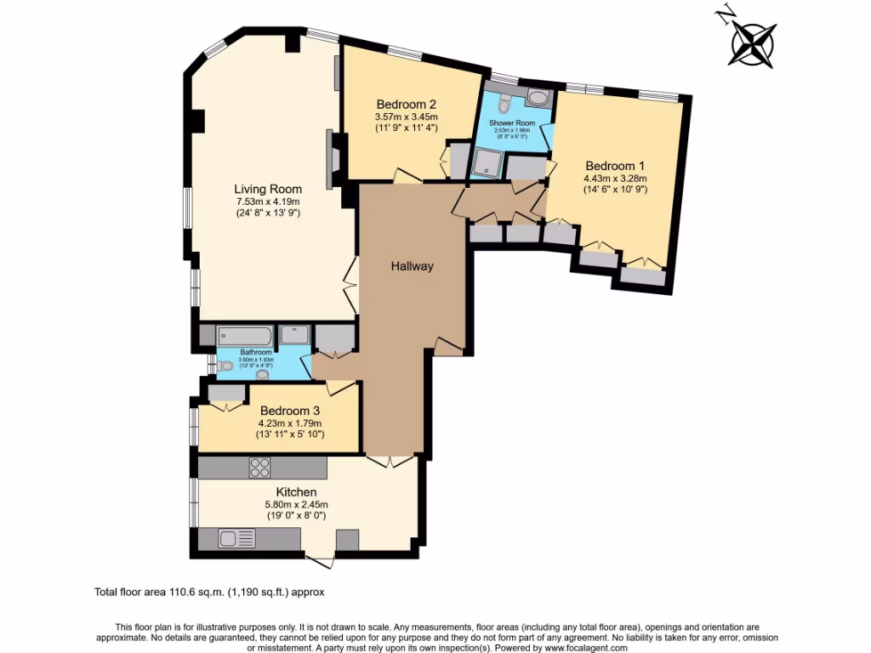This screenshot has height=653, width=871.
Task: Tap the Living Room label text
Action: (x=268, y=189)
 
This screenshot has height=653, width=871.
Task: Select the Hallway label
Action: (x=413, y=266)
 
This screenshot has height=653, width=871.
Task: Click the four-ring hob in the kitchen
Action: (x=259, y=468)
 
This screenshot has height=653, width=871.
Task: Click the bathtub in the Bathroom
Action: (x=244, y=335)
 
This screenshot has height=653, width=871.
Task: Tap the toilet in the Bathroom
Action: (x=225, y=366)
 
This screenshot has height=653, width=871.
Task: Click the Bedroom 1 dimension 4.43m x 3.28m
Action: (x=615, y=179)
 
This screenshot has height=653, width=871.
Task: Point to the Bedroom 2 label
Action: (x=406, y=105)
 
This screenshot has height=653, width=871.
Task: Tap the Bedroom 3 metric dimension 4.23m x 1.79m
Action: (x=290, y=423)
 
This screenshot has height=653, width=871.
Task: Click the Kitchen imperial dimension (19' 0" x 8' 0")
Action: (x=296, y=515)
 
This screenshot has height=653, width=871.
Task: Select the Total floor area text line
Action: (x=209, y=592)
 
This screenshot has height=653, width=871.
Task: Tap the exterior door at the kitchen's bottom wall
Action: (x=321, y=559)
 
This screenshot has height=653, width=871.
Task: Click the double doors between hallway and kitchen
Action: (x=390, y=462)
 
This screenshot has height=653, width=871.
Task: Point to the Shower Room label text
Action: (x=511, y=123)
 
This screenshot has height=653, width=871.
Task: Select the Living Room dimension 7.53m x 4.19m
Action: (x=268, y=202)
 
